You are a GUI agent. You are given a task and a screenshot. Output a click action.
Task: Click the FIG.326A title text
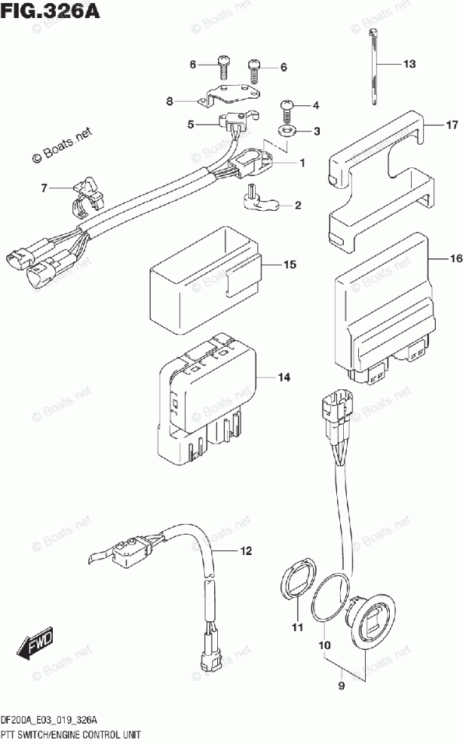(51, 11)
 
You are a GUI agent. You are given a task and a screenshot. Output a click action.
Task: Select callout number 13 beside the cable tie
(409, 63)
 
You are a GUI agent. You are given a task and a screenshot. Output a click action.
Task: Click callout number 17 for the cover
(452, 125)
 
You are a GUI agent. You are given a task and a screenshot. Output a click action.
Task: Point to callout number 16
(455, 258)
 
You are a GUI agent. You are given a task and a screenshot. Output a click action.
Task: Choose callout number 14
(284, 377)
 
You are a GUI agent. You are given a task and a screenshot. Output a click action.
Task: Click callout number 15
(290, 264)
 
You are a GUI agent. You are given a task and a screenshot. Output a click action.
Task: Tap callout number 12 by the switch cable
(246, 551)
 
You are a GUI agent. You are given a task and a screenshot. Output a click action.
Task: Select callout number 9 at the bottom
(342, 685)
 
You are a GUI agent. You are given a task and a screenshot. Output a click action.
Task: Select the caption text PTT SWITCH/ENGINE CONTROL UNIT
(71, 735)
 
